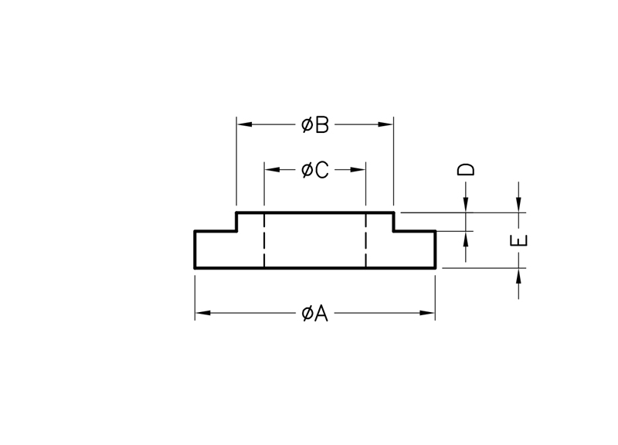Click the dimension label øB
[315, 124]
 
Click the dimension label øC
[315, 170]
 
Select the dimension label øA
[315, 313]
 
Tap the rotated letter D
[466, 169]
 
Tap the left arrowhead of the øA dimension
[202, 313]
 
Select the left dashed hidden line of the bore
[264, 240]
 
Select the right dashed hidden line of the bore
[365, 240]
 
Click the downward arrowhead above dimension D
[466, 204]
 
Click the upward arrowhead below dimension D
[466, 238]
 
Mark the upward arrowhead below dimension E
[518, 276]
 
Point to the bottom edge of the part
[315, 268]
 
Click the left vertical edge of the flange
[195, 250]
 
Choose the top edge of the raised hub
[315, 212]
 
